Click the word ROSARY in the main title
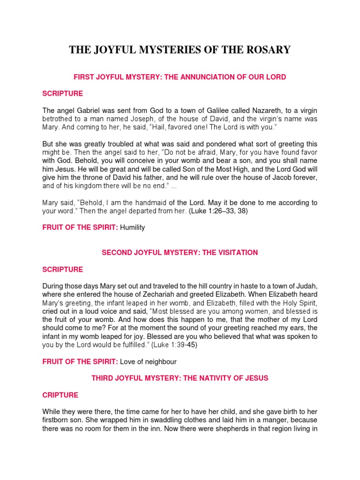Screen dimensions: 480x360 point(268,50)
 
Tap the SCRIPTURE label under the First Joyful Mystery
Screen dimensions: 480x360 point(62,94)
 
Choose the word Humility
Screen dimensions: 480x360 point(133,228)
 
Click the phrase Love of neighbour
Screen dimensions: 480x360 point(148,362)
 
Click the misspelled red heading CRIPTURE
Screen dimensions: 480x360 point(60,395)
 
